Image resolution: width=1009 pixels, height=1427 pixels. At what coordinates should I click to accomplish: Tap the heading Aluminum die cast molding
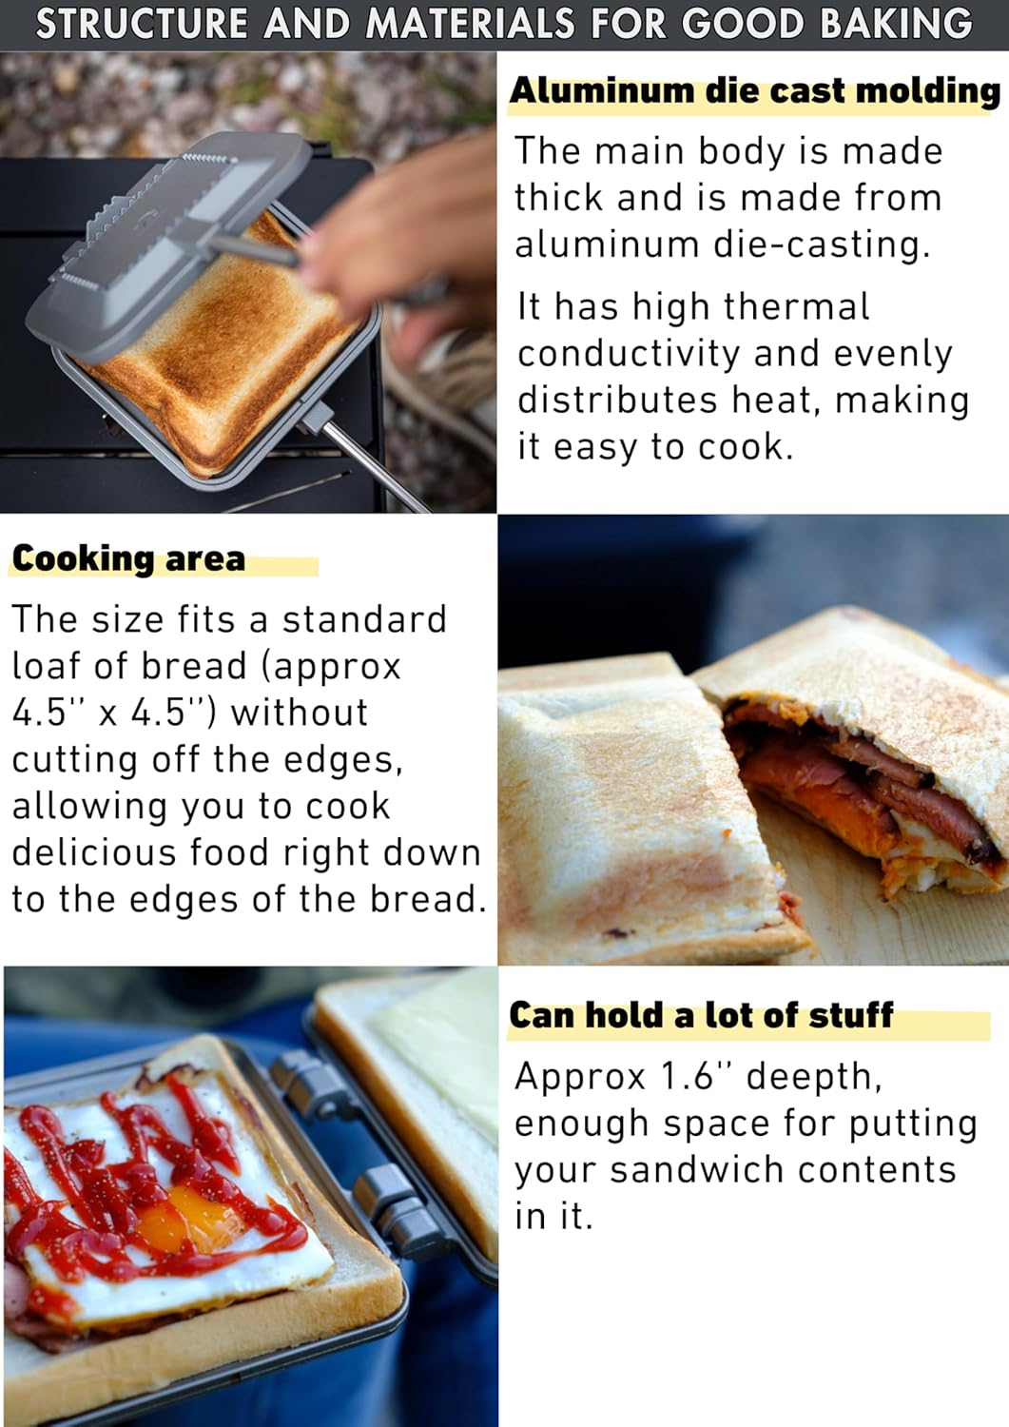pos(754,91)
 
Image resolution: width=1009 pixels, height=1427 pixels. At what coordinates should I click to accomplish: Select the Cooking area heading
pos(128,558)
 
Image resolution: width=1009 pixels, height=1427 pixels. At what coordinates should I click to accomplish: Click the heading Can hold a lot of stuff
pos(701,1015)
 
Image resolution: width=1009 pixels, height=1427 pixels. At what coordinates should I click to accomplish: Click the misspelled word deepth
pos(813,1077)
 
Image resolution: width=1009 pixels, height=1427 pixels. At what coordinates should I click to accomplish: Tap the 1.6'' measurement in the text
pos(693,1076)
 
